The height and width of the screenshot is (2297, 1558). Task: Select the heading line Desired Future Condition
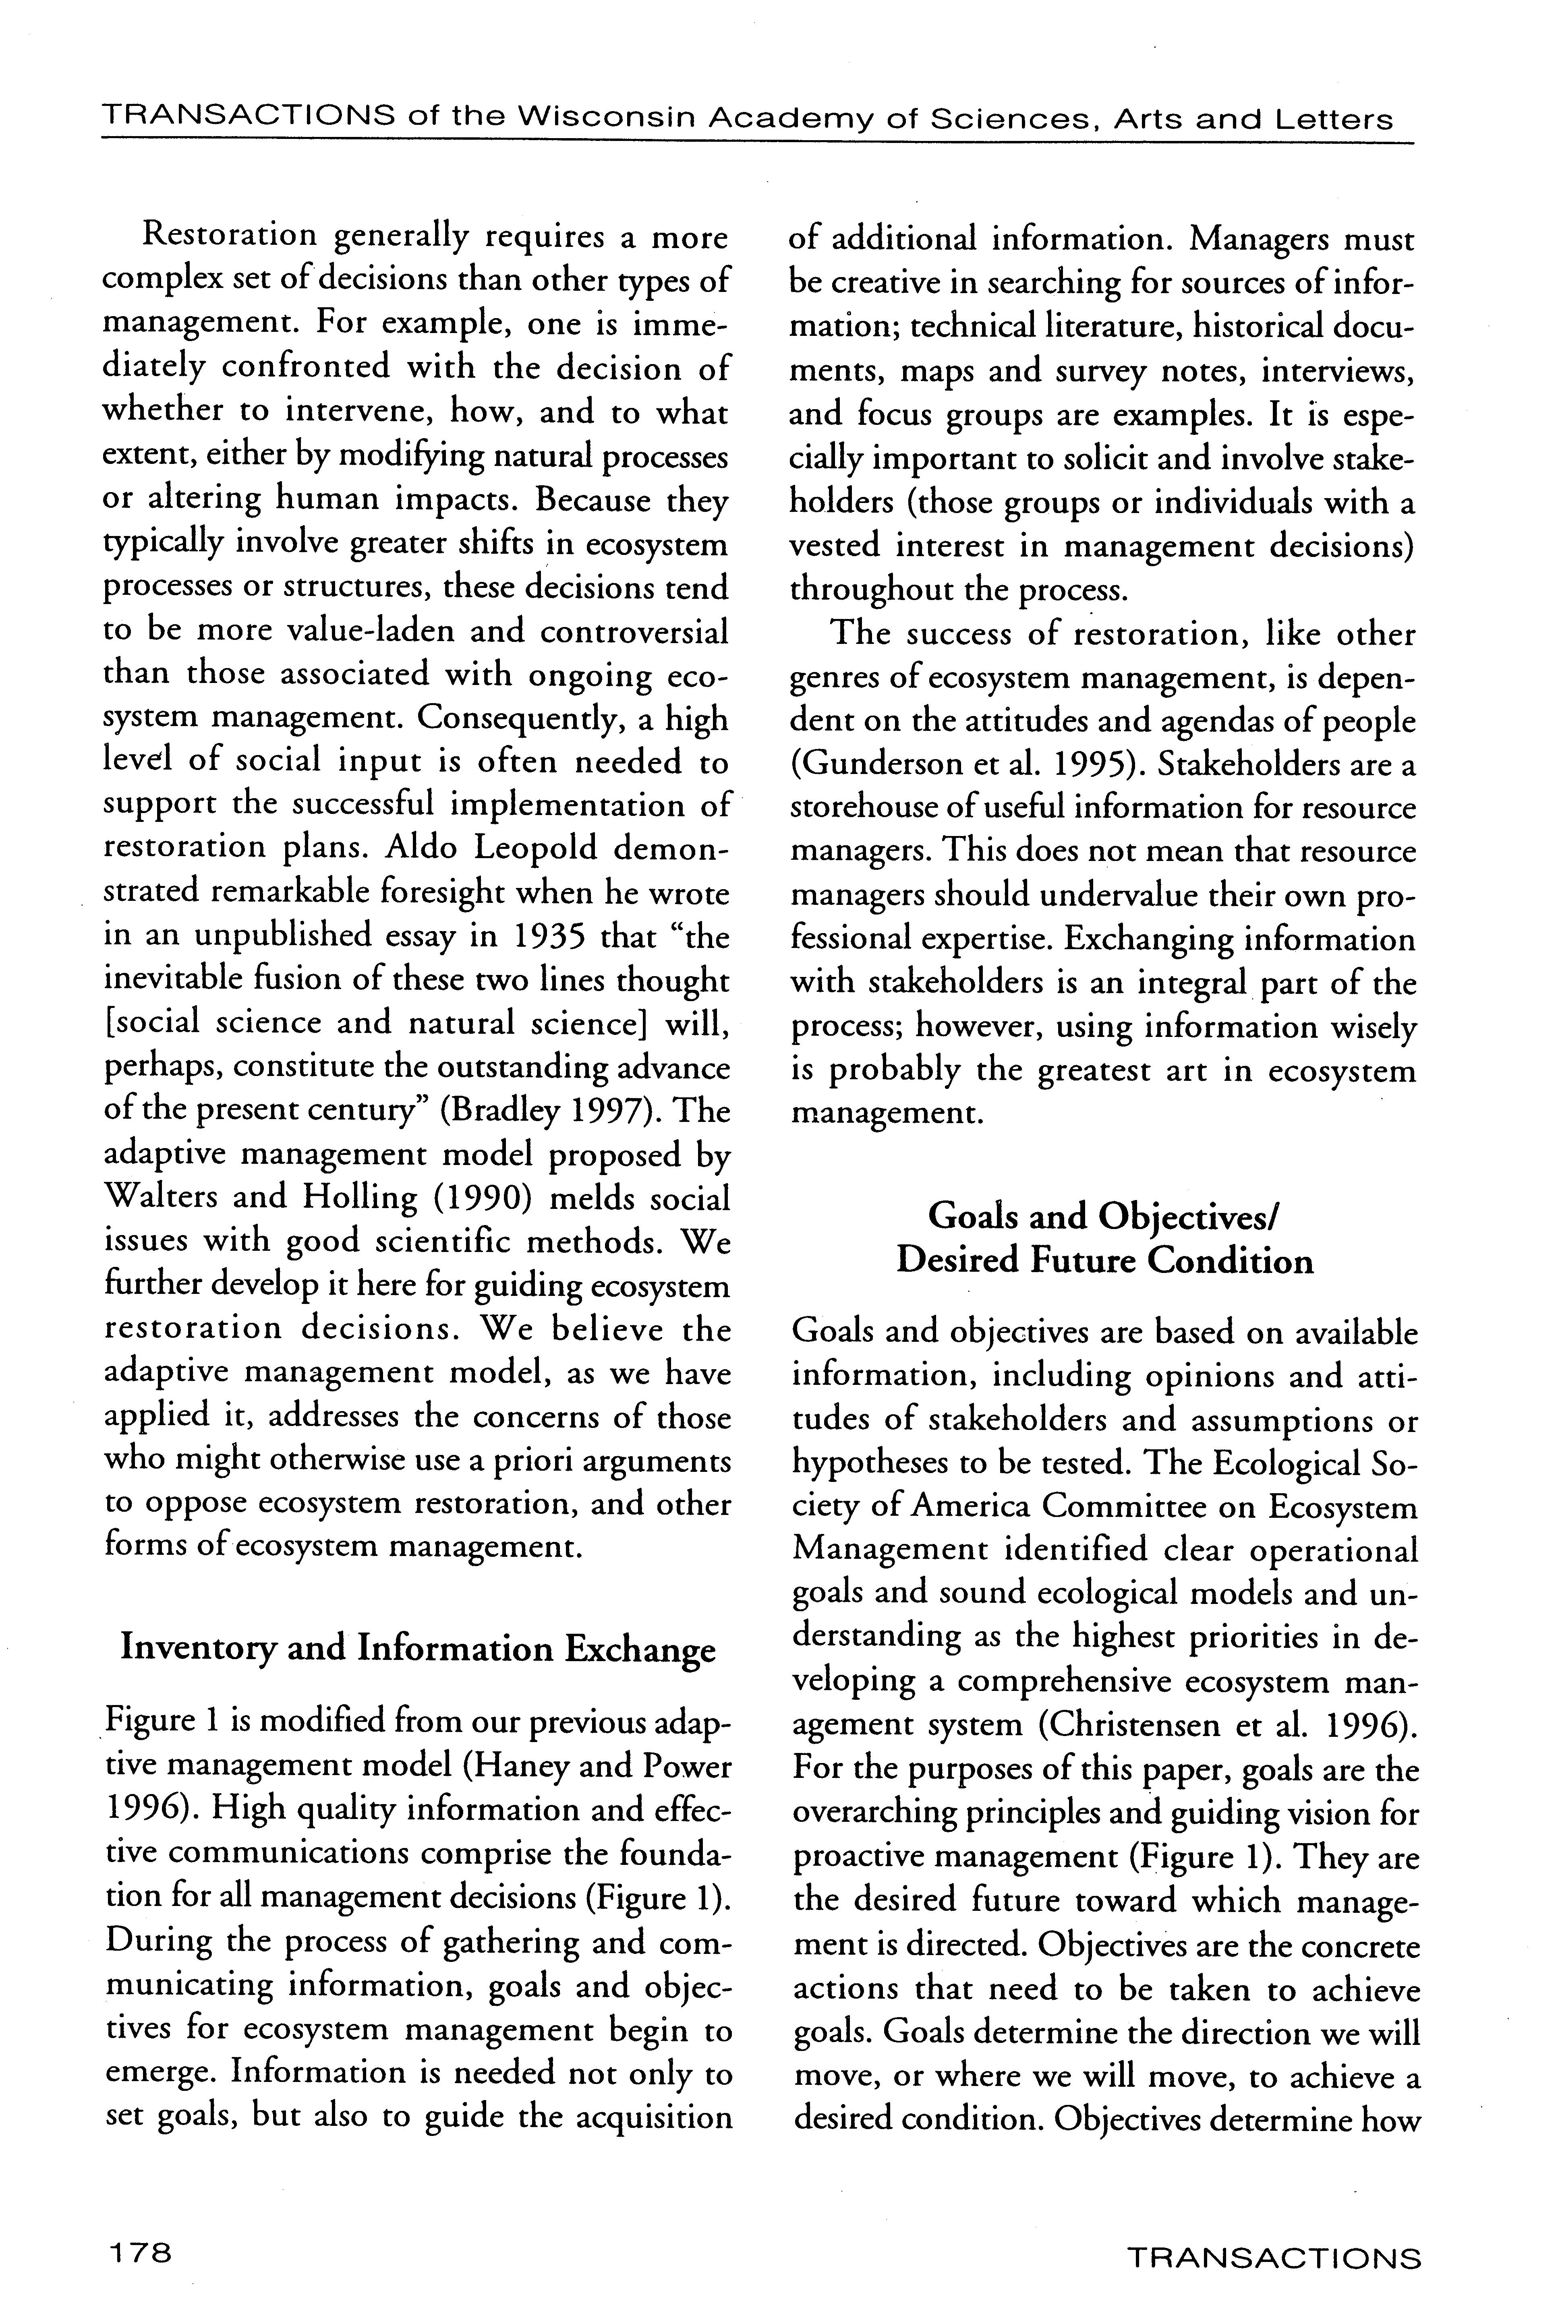click(x=1104, y=1261)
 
